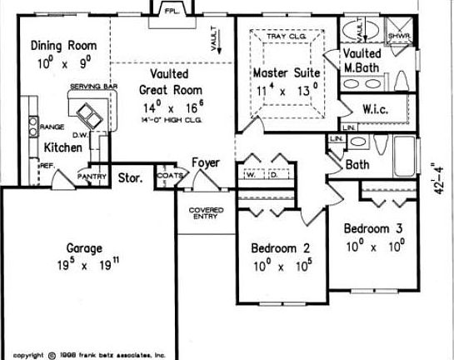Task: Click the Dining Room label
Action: (63, 45)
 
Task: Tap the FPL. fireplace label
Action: (172, 11)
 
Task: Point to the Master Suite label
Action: (286, 73)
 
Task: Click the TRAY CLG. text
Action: (286, 36)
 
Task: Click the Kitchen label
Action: (63, 147)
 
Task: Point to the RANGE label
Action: (52, 127)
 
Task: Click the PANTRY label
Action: (91, 177)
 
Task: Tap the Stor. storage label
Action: (130, 177)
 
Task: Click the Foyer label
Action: (206, 162)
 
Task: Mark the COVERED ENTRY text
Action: (206, 214)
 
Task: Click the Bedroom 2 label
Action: (281, 247)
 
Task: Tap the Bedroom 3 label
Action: (373, 227)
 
